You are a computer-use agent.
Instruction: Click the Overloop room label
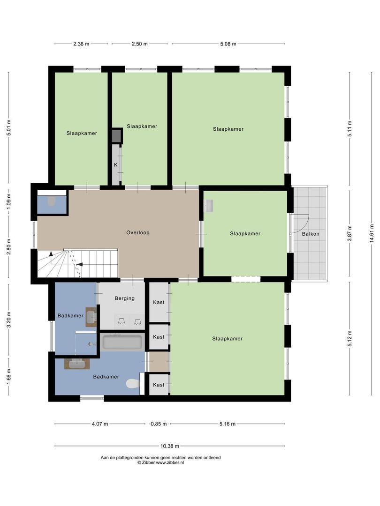tap(137, 232)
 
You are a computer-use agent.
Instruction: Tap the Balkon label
tap(311, 233)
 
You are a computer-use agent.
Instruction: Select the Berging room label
tap(124, 298)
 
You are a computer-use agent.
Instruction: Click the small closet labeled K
tap(115, 165)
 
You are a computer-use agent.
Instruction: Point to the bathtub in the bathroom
tap(122, 342)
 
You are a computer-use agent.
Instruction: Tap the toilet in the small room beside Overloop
tap(52, 201)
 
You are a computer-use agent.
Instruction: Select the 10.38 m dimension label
tap(169, 446)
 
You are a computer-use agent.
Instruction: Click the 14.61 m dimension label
tap(371, 233)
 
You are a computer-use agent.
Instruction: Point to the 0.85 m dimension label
tap(158, 424)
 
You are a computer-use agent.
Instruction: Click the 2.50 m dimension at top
tap(140, 44)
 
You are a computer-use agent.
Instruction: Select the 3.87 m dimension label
tap(350, 233)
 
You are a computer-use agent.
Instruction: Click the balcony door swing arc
tap(303, 223)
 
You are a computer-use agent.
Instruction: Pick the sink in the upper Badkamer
tap(91, 317)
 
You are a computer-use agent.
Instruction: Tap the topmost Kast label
tap(159, 302)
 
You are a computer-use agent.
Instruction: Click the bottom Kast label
tap(159, 385)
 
